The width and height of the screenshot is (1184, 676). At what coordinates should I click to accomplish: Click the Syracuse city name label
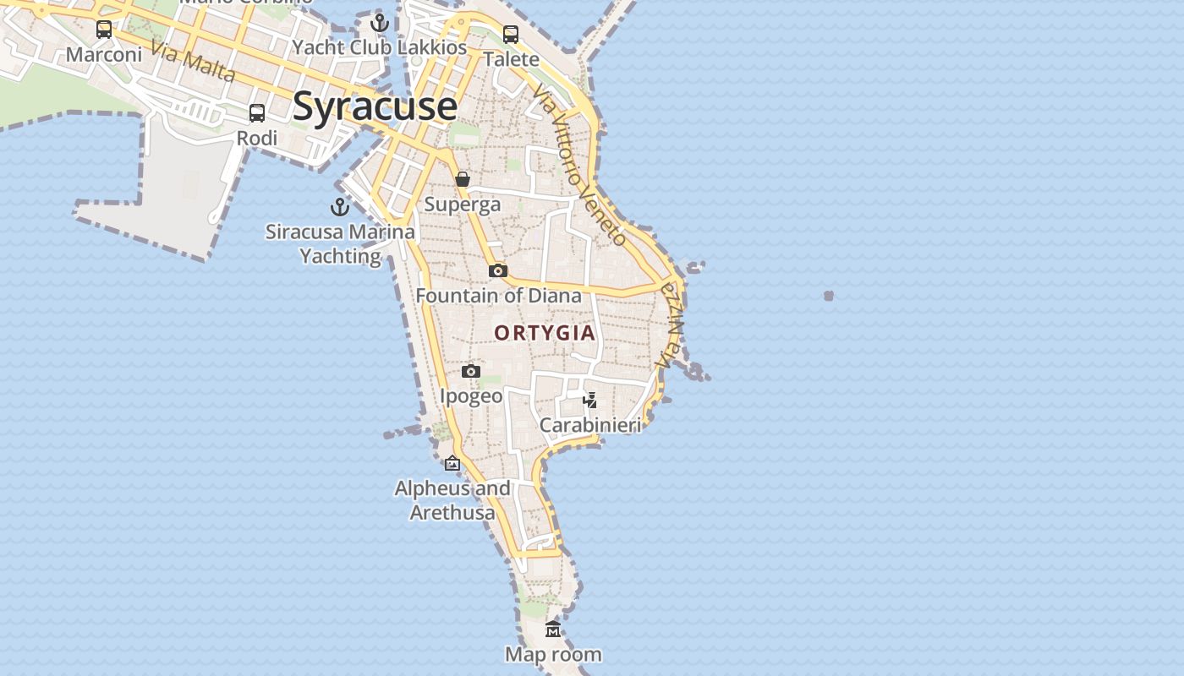[375, 106]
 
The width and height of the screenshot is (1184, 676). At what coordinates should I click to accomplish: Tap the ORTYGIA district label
[545, 333]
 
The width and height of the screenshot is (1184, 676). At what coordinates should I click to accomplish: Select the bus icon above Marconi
[104, 30]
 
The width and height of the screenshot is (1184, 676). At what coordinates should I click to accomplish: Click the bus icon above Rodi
[257, 113]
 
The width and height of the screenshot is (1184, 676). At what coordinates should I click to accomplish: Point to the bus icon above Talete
[511, 35]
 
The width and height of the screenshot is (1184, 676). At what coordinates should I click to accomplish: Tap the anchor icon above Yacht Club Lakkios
[380, 23]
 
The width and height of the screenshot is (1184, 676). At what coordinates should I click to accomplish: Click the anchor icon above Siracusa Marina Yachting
[340, 207]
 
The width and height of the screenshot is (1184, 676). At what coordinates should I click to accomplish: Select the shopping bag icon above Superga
[463, 179]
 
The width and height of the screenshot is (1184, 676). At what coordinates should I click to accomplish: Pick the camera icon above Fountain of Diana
[498, 270]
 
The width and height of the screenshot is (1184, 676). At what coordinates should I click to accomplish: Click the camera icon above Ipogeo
[471, 371]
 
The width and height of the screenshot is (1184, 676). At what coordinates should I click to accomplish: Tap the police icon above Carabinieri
[590, 400]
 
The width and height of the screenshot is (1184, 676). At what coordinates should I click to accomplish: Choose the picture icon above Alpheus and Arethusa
[452, 463]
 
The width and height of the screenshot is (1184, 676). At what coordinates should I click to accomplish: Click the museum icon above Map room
[553, 630]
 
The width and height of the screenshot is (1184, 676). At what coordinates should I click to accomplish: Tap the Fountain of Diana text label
[498, 296]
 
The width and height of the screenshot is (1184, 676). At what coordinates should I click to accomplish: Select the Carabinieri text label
[590, 425]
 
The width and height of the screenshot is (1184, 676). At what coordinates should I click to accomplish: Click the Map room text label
[553, 655]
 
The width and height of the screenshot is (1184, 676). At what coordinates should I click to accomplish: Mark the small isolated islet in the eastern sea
[829, 296]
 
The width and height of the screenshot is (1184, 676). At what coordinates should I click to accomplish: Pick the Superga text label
[463, 204]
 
